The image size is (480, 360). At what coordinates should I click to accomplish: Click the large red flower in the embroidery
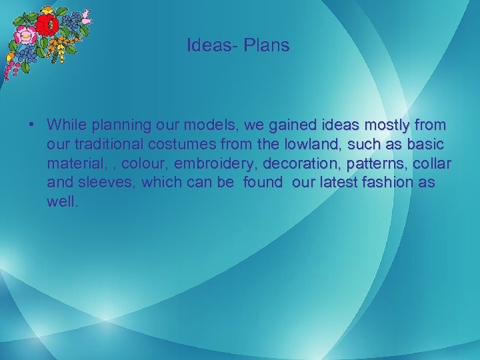click(x=46, y=26)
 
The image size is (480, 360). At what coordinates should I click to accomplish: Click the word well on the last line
click(x=62, y=202)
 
